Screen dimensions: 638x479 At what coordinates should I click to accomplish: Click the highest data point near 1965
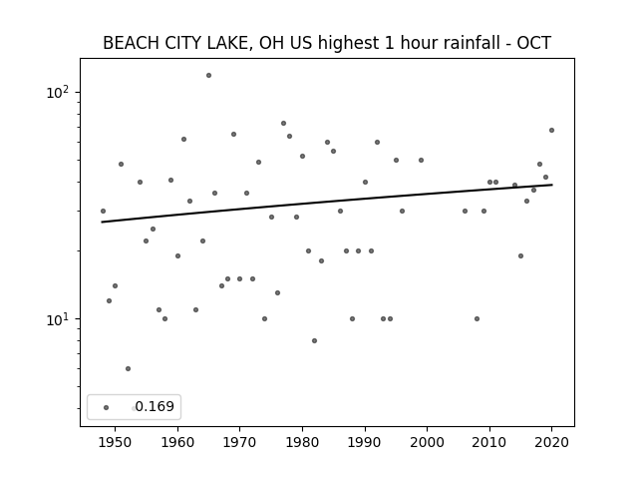(x=208, y=76)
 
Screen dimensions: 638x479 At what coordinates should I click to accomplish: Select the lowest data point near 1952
(x=128, y=368)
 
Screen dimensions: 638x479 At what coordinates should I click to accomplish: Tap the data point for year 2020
(x=551, y=131)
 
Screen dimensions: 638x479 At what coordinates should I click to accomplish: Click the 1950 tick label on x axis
(x=116, y=442)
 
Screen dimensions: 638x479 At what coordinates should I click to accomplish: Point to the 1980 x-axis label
(x=302, y=442)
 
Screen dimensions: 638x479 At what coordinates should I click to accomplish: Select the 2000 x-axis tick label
(x=428, y=442)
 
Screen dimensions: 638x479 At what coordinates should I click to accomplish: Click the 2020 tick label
(x=551, y=442)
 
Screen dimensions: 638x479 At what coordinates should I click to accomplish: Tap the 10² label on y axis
(x=58, y=92)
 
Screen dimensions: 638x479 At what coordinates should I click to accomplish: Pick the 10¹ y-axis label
(x=58, y=319)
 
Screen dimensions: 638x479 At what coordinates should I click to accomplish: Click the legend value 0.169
(x=155, y=406)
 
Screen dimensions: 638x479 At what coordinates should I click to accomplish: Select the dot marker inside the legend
(x=107, y=407)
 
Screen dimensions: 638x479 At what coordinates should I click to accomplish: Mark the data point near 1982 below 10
(x=315, y=341)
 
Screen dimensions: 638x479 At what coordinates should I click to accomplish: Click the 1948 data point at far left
(x=103, y=211)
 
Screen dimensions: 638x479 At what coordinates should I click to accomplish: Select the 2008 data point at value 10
(x=477, y=319)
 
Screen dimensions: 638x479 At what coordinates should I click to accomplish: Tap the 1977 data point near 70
(x=283, y=124)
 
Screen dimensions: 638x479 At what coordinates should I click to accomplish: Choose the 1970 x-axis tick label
(x=240, y=442)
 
